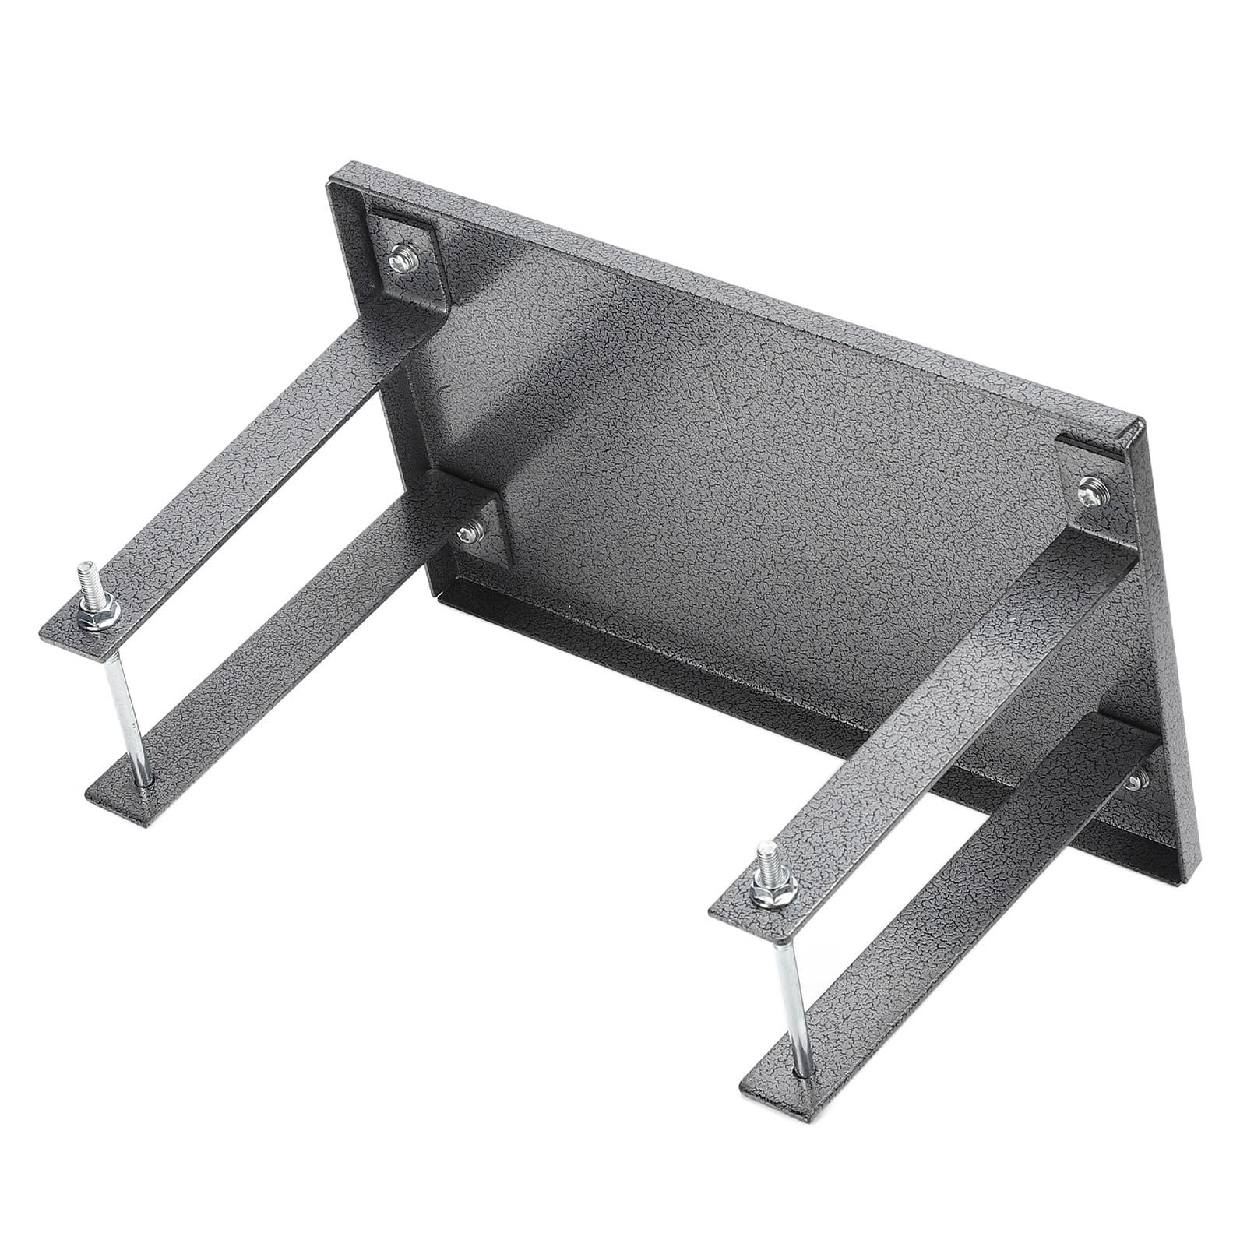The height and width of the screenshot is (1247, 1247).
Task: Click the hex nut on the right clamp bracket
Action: point(773,893)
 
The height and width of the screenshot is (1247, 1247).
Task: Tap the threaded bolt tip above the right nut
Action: point(766,855)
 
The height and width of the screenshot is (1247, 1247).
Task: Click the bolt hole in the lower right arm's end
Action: point(801,1073)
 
